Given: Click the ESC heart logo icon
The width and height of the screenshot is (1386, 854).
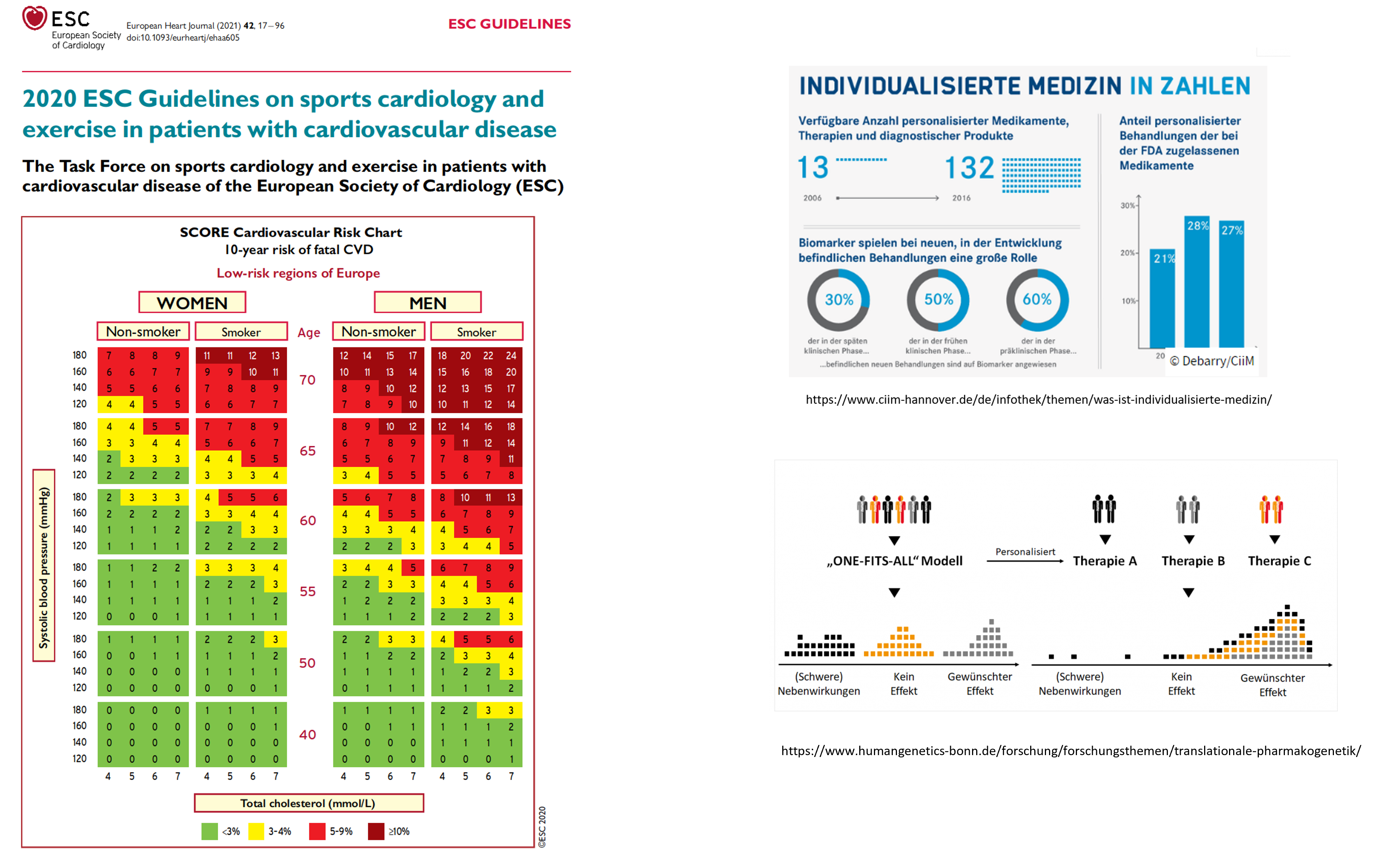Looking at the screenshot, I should pyautogui.click(x=34, y=18).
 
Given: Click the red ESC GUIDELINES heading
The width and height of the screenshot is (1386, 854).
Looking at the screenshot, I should pyautogui.click(x=509, y=24).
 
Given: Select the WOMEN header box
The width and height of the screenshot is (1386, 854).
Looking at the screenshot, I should pyautogui.click(x=192, y=303).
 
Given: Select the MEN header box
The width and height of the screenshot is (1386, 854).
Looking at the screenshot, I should pyautogui.click(x=428, y=303).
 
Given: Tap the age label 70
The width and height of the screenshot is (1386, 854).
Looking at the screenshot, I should pyautogui.click(x=307, y=380).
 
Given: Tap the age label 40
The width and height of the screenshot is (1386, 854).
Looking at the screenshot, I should pyautogui.click(x=307, y=735).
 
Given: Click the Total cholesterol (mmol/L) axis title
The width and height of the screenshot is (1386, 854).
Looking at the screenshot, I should pyautogui.click(x=308, y=803).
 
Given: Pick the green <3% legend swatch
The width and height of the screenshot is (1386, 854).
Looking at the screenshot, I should pyautogui.click(x=209, y=831).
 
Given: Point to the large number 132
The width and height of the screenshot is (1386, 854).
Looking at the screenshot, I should pyautogui.click(x=969, y=168).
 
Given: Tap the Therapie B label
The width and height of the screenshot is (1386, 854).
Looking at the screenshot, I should pyautogui.click(x=1193, y=561).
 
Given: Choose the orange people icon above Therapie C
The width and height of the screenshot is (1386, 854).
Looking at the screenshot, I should pyautogui.click(x=1271, y=509).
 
